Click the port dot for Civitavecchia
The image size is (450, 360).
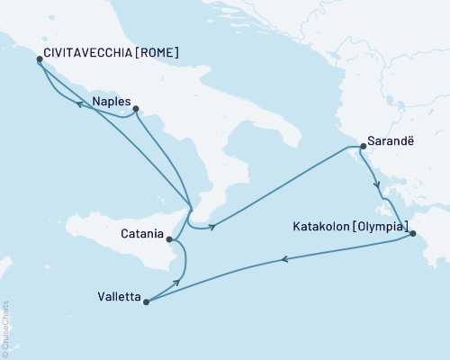coord(40,59)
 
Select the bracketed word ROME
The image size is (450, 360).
coord(157,53)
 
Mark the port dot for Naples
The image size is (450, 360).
coord(136,111)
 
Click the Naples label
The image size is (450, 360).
coord(112,102)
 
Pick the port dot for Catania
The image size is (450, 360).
coord(169,238)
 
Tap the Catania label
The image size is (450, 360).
coord(140,238)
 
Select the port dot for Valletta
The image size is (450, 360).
coord(145,301)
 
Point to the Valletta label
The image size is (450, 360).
coord(120,293)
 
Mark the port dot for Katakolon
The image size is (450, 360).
coord(412,234)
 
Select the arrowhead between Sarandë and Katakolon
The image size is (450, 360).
coord(379,190)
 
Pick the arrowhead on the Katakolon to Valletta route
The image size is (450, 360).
coord(284,260)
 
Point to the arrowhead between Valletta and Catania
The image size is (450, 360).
coord(177,283)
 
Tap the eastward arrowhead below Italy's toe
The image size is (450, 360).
coord(211,227)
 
